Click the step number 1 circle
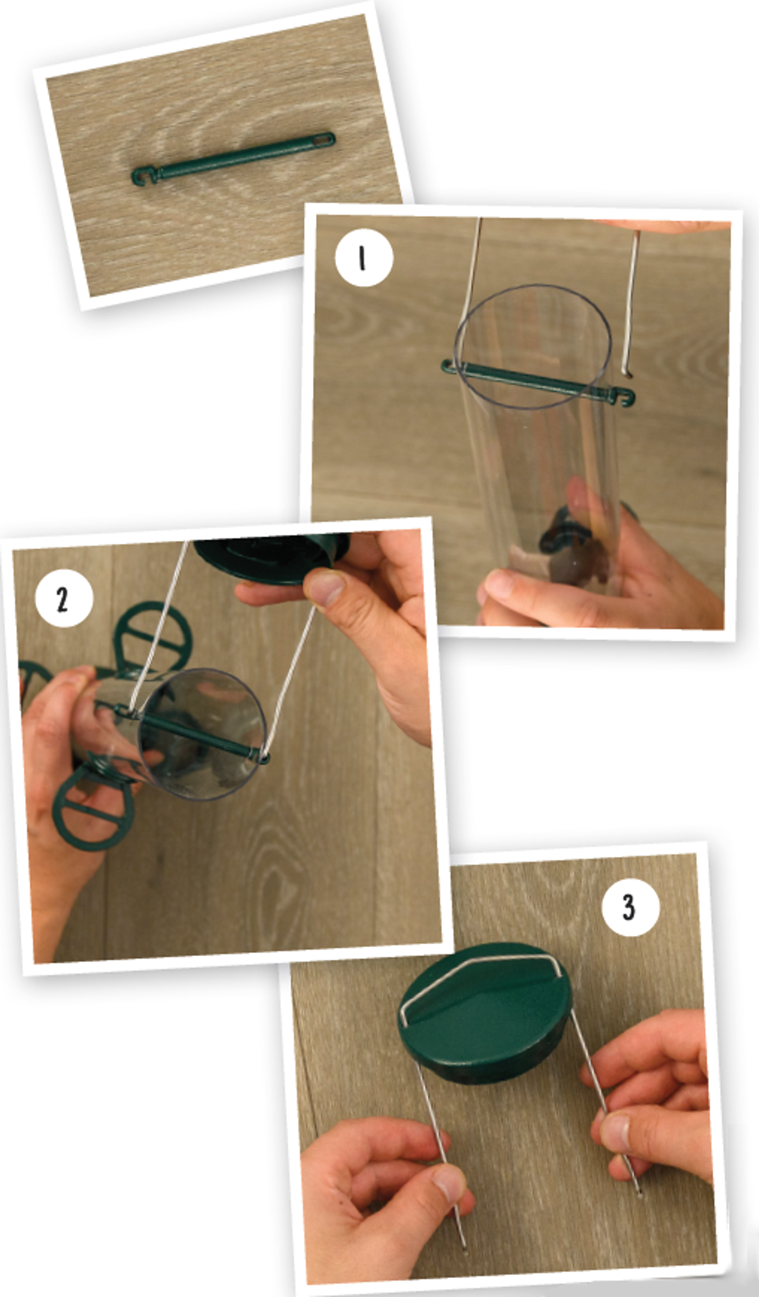tap(364, 257)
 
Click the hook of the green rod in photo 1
tap(624, 397)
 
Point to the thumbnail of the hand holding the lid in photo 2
tap(325, 588)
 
